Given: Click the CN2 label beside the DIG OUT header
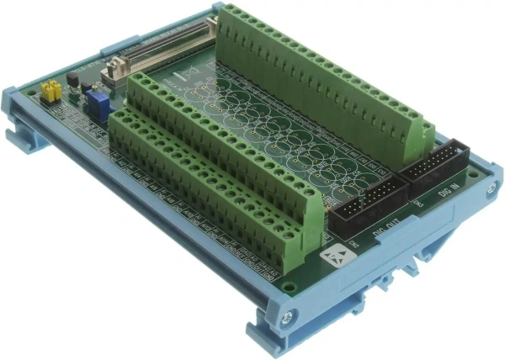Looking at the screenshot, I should pos(355,245).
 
